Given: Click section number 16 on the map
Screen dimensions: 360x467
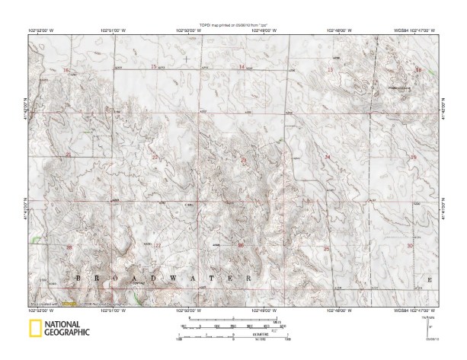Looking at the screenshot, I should point(66,70).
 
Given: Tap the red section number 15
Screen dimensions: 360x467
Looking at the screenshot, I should point(154,68).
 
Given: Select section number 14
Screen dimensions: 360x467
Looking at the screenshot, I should point(242,68).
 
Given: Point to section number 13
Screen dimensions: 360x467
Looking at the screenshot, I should point(330,70).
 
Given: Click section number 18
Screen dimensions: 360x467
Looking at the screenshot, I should point(417,70).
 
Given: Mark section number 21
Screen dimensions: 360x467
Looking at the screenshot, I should point(69,155).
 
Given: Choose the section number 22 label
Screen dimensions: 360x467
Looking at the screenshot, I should point(155,158).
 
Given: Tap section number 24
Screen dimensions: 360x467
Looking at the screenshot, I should point(328,157).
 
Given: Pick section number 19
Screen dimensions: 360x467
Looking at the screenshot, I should point(414,157).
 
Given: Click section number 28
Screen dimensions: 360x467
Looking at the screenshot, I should point(69,247).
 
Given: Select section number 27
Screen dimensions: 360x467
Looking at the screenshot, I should point(158,245).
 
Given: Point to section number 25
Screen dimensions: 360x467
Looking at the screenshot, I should point(326,248).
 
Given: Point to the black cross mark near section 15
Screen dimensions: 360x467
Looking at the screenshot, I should point(187,58).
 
